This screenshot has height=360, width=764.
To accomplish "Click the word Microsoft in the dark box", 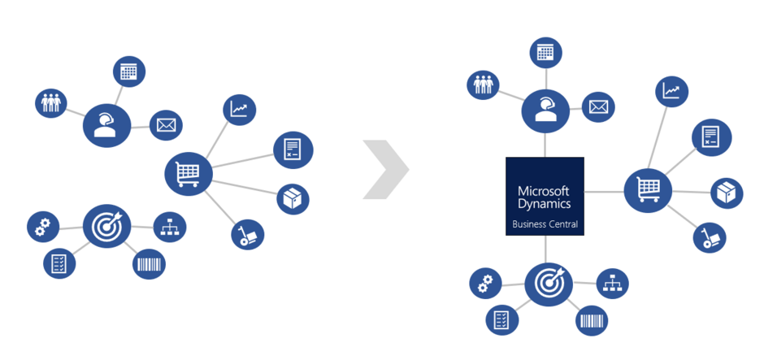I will tap(545, 189).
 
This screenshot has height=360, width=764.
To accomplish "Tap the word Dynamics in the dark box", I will tap(545, 204).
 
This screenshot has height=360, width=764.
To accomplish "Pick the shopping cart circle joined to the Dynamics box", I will tap(648, 192).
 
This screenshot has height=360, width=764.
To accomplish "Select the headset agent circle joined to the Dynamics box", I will tap(545, 111).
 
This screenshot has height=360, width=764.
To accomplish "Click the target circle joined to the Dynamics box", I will tap(549, 283).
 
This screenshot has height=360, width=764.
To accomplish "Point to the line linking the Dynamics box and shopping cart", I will tap(604, 192).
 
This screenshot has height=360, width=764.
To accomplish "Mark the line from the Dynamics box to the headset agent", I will tap(545, 145).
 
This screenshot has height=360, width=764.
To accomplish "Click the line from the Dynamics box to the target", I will tap(546, 248).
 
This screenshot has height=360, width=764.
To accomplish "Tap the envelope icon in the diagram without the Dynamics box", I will tap(167, 125).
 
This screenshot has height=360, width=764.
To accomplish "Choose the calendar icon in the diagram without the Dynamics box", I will tap(128, 72).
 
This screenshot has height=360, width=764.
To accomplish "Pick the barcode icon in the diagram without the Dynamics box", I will tap(149, 263).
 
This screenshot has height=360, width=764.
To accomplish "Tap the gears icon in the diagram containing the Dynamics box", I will tap(485, 283).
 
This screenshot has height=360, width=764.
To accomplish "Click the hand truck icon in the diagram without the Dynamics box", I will tap(247, 235).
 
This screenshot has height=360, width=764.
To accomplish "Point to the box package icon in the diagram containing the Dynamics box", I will tap(727, 193).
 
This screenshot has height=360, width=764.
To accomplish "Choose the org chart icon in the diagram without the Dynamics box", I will tap(170, 226).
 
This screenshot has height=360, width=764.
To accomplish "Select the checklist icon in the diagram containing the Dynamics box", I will tap(502, 320).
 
